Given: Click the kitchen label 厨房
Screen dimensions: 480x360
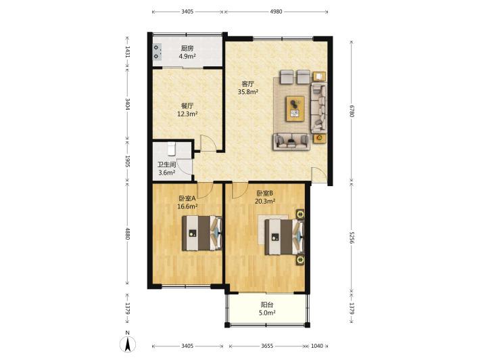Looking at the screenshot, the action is (x=187, y=49).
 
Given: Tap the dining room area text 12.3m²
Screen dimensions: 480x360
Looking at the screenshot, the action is (x=187, y=114).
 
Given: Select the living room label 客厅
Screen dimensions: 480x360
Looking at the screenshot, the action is (x=248, y=84).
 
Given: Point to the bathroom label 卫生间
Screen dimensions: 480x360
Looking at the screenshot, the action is (x=167, y=164).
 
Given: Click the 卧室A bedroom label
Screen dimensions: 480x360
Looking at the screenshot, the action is (x=187, y=198).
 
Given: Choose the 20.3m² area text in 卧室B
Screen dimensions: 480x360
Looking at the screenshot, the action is (x=265, y=201).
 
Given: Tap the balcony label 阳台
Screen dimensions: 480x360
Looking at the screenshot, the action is (x=267, y=305).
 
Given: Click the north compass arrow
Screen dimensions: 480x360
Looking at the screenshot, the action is (x=128, y=344).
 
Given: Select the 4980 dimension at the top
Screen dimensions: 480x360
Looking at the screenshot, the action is (x=277, y=12).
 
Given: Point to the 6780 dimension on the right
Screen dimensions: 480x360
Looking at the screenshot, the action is (x=352, y=111).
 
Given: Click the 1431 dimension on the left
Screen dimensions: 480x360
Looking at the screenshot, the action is (x=128, y=52).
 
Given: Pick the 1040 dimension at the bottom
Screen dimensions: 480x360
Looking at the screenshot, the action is (x=317, y=346).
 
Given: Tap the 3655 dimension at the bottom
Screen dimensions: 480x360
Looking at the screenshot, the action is (x=267, y=346).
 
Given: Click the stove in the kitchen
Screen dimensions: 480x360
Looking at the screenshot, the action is (x=158, y=52).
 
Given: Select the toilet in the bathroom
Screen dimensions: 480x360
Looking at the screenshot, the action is (x=171, y=149).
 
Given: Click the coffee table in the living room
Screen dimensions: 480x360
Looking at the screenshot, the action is (x=295, y=109).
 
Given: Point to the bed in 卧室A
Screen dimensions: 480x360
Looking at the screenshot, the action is (x=202, y=233).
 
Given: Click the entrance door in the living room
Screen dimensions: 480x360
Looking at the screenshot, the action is (x=319, y=175).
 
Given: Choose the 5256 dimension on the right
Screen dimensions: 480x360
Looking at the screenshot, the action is (x=352, y=237).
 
